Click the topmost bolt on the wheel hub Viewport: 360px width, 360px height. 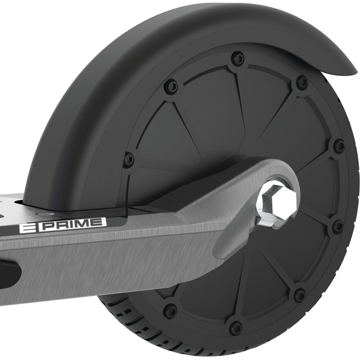click(237, 58)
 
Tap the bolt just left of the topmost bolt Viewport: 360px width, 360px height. click(173, 86)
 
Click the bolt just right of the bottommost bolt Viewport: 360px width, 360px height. click(300, 295)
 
